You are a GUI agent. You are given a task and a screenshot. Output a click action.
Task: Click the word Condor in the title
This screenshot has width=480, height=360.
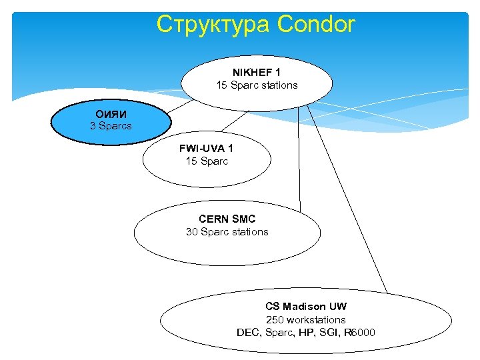pyautogui.click(x=316, y=25)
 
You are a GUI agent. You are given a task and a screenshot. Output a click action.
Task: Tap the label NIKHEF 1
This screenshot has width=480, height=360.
pyautogui.click(x=257, y=72)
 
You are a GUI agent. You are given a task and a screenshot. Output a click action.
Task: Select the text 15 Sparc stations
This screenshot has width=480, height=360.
pyautogui.click(x=257, y=85)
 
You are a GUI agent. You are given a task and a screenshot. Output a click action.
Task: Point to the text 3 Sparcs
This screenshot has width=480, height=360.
pyautogui.click(x=111, y=126)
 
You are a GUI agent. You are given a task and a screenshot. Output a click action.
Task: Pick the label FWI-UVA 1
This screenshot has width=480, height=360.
pyautogui.click(x=206, y=148)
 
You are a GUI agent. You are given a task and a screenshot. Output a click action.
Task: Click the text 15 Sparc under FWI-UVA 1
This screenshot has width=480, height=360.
pyautogui.click(x=207, y=161)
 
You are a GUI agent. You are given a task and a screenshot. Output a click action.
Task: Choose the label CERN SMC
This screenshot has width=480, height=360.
pyautogui.click(x=227, y=219)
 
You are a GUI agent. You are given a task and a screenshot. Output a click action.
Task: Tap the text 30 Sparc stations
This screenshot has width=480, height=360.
pyautogui.click(x=227, y=232)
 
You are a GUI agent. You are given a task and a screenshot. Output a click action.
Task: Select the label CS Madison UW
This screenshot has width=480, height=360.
pyautogui.click(x=305, y=307)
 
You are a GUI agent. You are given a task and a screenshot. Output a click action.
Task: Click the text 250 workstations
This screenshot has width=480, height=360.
pyautogui.click(x=305, y=320)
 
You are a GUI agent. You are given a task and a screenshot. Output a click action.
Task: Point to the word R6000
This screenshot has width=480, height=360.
pyautogui.click(x=360, y=333)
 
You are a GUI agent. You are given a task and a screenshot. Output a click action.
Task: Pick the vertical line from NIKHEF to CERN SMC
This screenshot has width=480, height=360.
pyautogui.click(x=299, y=160)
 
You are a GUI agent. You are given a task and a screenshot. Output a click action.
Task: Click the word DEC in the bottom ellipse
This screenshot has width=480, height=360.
pyautogui.click(x=247, y=333)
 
